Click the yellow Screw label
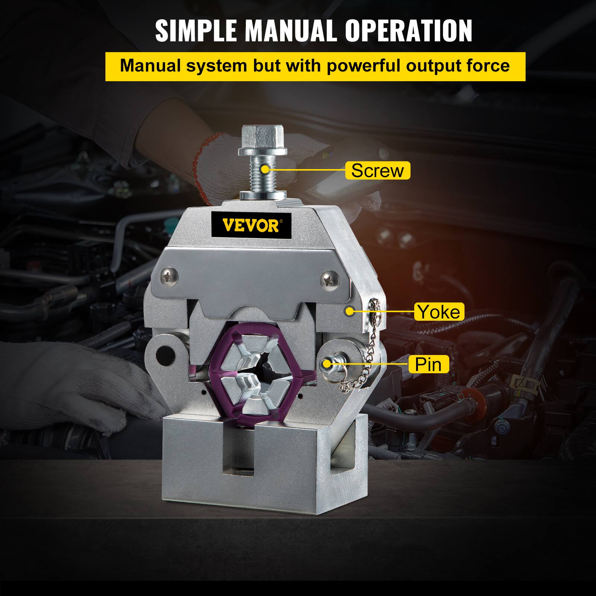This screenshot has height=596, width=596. [x=377, y=171]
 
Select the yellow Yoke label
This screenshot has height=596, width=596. [x=439, y=311]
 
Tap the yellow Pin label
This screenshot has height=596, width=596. [x=428, y=364]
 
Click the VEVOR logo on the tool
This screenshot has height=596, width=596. [x=250, y=225]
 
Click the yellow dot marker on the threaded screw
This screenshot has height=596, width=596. [x=265, y=169]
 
